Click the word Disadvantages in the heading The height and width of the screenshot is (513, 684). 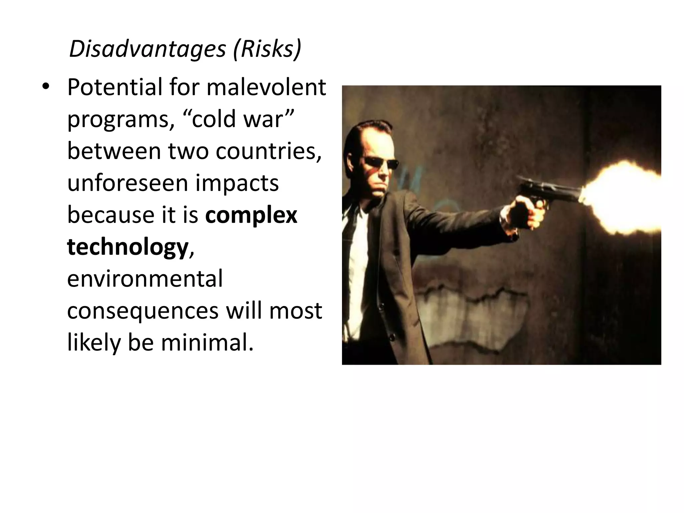tap(147, 49)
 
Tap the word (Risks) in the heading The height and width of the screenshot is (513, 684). tap(267, 49)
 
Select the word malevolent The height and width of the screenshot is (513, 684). tap(266, 87)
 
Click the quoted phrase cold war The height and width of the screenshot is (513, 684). tap(243, 119)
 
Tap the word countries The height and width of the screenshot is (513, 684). tap(268, 151)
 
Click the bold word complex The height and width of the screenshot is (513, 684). tap(251, 215)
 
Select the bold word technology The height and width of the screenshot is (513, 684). tap(128, 247)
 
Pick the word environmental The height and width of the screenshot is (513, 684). tap(145, 279)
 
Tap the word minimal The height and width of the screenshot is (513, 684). tap(207, 343)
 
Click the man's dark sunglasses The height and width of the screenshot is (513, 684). tap(381, 163)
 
